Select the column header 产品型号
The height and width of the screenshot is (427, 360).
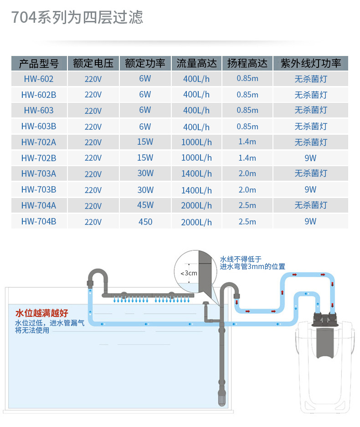pos(39,63)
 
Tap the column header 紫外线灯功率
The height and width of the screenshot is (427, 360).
pos(311,63)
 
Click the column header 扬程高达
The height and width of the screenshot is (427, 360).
pos(247,63)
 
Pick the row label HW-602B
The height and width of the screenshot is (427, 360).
pos(39,95)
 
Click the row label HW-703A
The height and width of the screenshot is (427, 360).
pos(39,173)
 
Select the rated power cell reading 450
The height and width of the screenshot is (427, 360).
pos(145,222)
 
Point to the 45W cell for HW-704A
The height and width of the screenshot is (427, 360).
pos(145,205)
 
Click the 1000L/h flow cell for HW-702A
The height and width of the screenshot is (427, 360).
pos(196,142)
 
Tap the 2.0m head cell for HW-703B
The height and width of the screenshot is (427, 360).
pos(247,189)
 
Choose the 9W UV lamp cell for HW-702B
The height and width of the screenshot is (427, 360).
pos(311,158)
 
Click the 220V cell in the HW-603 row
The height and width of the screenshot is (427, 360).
pos(93,111)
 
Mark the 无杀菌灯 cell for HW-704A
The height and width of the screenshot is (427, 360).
pos(311,205)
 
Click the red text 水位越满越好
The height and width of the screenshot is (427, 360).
pos(41,313)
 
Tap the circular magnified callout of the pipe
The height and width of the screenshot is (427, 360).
pos(196,272)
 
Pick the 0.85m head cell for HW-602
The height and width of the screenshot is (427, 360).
pos(247,79)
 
